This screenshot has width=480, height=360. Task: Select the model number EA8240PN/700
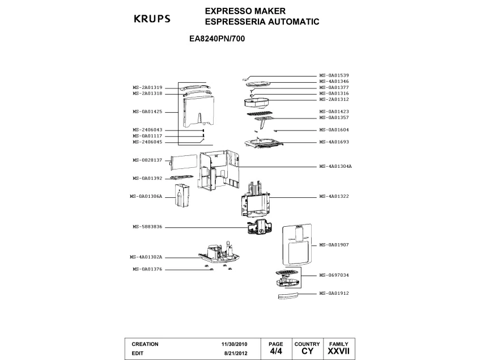(217, 40)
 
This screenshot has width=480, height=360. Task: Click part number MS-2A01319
(147, 87)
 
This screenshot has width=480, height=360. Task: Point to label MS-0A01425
(147, 112)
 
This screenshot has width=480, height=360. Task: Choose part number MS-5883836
(147, 227)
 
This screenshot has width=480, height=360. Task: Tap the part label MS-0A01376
(147, 269)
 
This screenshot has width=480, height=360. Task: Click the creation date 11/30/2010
(235, 344)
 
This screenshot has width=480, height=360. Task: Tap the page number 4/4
(276, 351)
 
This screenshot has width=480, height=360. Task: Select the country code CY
(307, 351)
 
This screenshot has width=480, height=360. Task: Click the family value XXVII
(338, 351)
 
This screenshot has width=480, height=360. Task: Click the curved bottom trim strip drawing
(287, 295)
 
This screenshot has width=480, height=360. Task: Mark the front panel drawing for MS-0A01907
(295, 243)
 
